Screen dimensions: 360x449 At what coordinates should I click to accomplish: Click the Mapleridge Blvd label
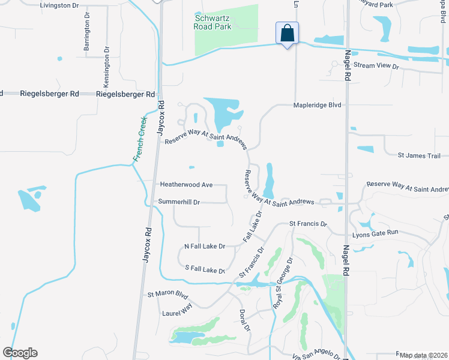click(x=317, y=105)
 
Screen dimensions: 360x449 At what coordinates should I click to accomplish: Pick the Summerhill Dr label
click(x=178, y=202)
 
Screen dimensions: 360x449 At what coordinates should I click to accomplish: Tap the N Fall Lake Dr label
click(x=204, y=247)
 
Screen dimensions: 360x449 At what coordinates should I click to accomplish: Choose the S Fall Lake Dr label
click(x=204, y=270)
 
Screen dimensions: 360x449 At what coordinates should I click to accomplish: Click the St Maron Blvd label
click(x=168, y=295)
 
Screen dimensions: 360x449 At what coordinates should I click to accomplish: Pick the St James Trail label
click(x=420, y=156)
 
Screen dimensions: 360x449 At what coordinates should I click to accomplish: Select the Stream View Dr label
click(x=376, y=65)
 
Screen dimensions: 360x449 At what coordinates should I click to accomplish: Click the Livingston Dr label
click(x=59, y=5)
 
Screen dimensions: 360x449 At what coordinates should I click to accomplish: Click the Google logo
click(x=20, y=353)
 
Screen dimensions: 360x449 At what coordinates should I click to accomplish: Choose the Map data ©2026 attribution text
click(x=423, y=355)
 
